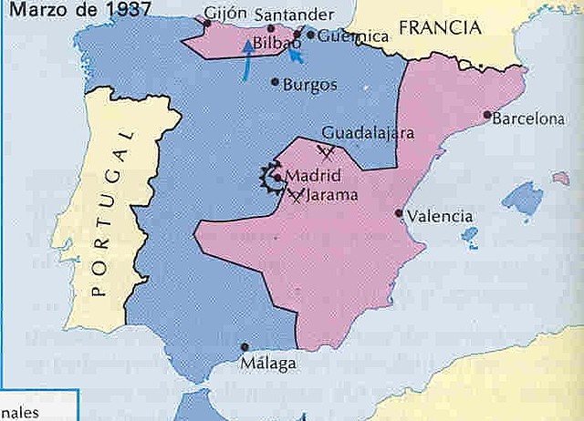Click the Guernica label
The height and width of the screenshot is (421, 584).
pyautogui.click(x=355, y=36)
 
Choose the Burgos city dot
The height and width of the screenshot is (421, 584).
pyautogui.click(x=276, y=82)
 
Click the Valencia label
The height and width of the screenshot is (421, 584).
pyautogui.click(x=440, y=217)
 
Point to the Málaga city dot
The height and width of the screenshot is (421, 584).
pyautogui.click(x=245, y=346)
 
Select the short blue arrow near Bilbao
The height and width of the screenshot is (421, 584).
pyautogui.click(x=295, y=56)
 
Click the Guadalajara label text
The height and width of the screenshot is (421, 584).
pyautogui.click(x=369, y=132)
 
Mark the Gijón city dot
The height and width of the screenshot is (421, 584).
pyautogui.click(x=207, y=23)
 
